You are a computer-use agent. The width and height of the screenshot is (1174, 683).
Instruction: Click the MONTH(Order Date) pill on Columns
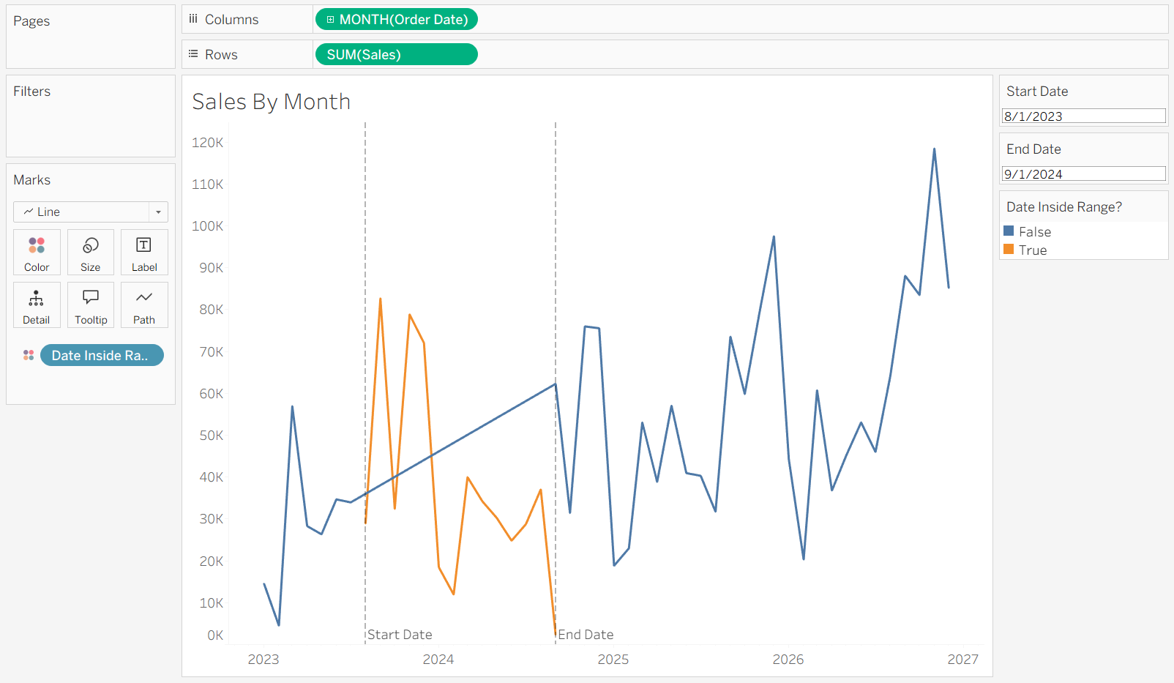tap(396, 19)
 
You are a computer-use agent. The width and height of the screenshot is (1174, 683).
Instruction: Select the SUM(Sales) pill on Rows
tap(396, 54)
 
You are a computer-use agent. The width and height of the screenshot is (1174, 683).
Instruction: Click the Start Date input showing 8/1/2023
tap(1083, 116)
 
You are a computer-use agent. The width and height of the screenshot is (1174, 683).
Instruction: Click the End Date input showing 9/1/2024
tap(1083, 174)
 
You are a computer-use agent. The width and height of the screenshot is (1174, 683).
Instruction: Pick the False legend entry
tap(1028, 231)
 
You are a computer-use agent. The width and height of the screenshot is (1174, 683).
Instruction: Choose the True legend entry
tap(1025, 250)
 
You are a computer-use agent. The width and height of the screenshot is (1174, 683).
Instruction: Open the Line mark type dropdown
tap(91, 212)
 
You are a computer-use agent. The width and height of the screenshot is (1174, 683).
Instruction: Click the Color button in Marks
tap(37, 253)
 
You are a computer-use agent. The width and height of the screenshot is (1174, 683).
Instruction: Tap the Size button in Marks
tap(90, 253)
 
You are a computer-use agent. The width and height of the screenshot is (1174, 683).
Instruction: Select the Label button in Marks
tap(144, 253)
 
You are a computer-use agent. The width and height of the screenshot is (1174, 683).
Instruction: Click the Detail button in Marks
tap(37, 305)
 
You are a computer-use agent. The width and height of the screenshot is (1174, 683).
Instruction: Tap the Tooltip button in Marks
tap(90, 305)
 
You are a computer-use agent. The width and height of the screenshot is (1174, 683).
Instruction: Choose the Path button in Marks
tap(144, 305)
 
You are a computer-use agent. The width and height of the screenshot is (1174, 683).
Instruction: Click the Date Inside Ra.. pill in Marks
tap(102, 355)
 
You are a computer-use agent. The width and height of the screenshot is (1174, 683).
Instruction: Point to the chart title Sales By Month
tap(271, 102)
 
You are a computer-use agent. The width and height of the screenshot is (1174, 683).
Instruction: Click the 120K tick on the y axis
tap(208, 143)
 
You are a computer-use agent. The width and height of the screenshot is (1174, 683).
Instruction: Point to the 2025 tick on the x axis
tap(613, 659)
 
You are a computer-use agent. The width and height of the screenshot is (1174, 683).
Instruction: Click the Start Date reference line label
tap(400, 635)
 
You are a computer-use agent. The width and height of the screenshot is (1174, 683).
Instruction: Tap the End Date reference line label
tap(586, 635)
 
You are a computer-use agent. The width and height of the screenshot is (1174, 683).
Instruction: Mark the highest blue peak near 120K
tap(934, 149)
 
